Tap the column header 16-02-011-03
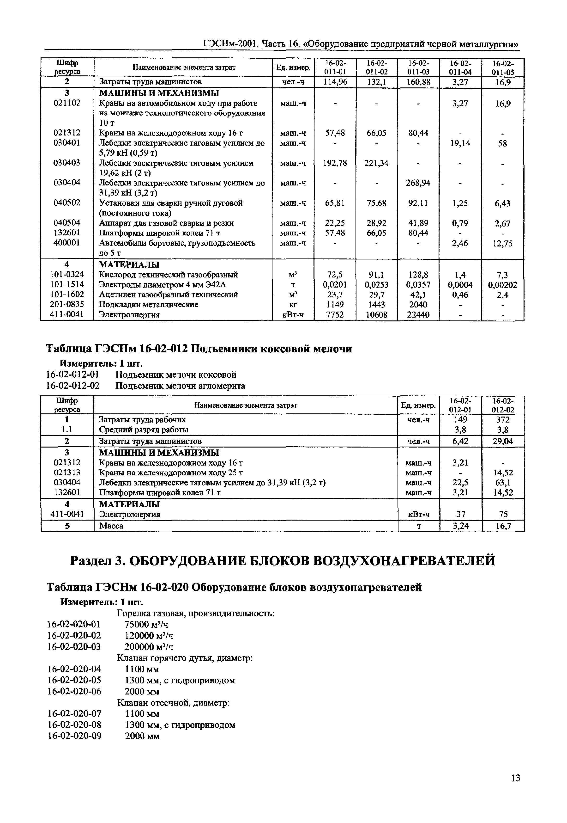point(418,67)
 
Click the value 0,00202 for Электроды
point(502,285)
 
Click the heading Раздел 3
point(283,561)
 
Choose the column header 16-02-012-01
point(460,405)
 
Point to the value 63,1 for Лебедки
point(503,482)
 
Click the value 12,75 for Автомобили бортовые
point(502,244)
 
